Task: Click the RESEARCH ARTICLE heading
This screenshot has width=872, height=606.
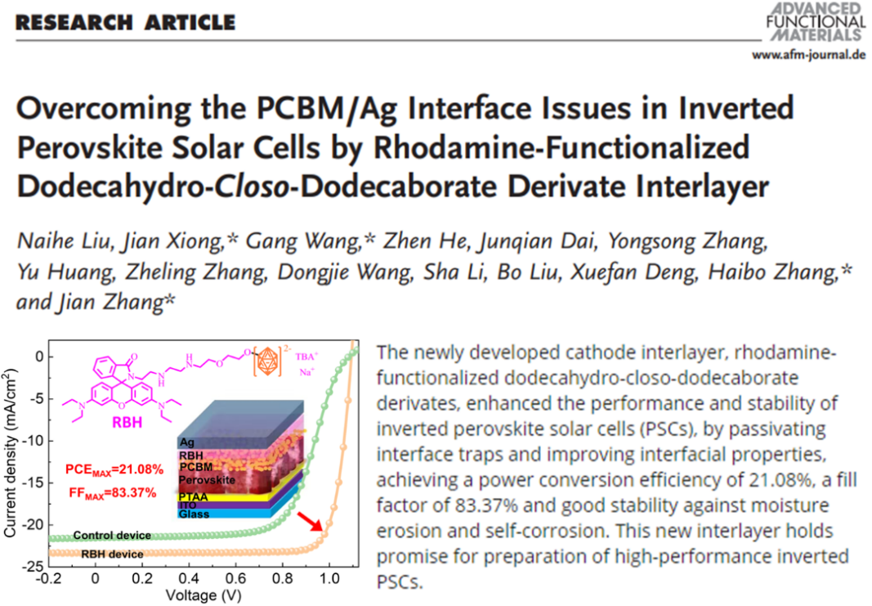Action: click(x=125, y=21)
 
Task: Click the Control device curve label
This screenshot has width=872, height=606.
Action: click(x=112, y=536)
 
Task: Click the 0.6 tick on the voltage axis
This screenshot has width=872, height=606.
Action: click(x=235, y=578)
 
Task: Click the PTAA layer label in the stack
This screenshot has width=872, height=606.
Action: click(x=196, y=495)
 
